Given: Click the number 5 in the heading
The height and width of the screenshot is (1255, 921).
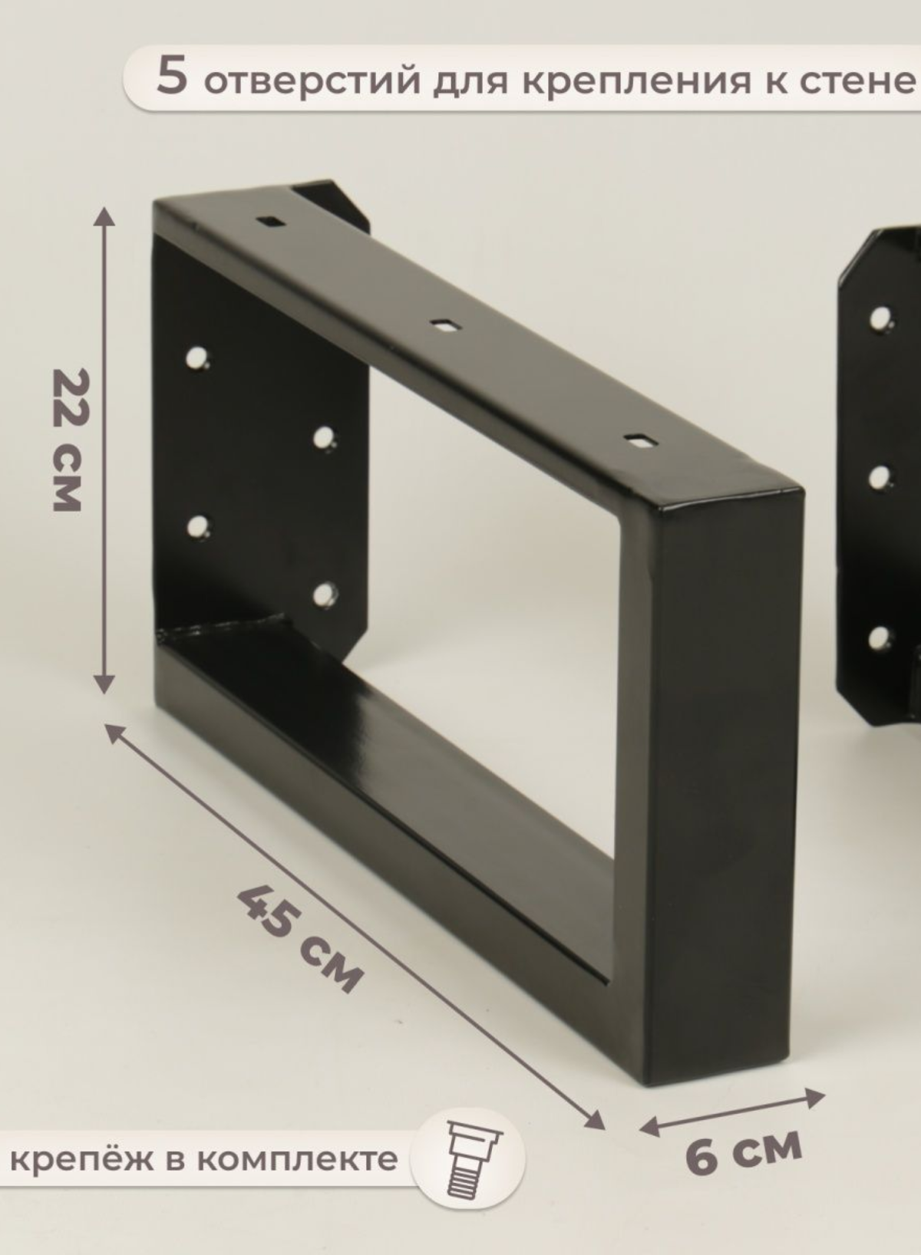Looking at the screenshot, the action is tap(171, 76).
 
